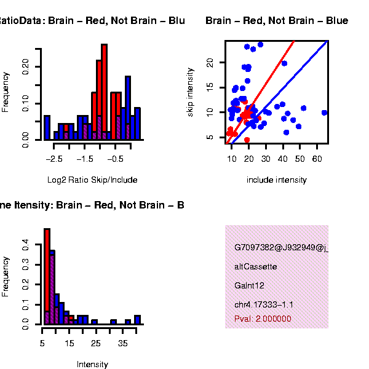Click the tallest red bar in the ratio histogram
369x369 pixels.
(x=105, y=92)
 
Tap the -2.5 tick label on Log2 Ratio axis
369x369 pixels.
(x=55, y=158)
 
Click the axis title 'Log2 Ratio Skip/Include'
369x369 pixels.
(x=92, y=180)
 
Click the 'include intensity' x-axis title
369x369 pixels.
(x=277, y=180)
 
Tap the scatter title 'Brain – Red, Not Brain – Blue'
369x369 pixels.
(x=277, y=22)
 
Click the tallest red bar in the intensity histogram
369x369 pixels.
(x=47, y=271)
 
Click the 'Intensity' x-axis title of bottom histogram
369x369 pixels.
(x=92, y=365)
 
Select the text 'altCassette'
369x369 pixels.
(x=256, y=267)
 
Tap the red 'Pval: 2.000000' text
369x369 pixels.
(x=263, y=319)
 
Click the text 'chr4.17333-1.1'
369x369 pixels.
(x=264, y=304)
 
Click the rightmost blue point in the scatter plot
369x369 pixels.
(x=324, y=113)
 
